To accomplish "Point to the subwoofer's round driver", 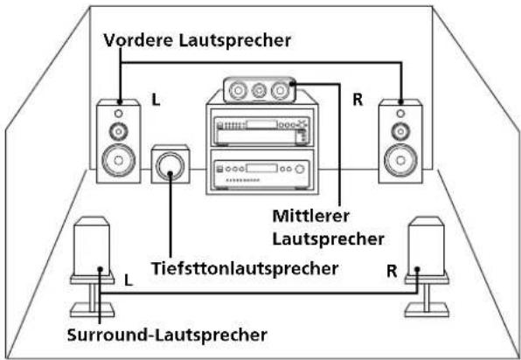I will (x=170, y=163).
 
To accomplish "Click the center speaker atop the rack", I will (x=260, y=89).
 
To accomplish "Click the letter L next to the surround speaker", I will (x=129, y=280).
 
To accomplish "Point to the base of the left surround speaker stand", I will (x=95, y=311).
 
